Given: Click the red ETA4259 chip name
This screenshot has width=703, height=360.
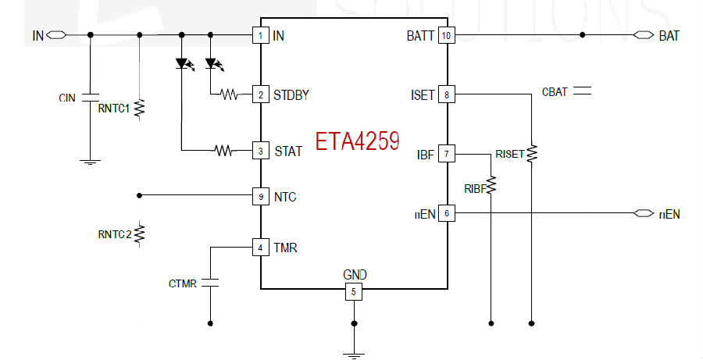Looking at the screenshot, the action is coord(357,141).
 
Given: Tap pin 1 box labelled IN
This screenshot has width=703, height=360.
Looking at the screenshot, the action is coord(260,35).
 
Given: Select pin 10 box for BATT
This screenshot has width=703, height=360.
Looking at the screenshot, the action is coord(446,35).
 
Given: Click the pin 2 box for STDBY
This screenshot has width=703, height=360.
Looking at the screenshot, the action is coord(260,94).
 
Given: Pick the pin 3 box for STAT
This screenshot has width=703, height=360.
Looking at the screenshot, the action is coord(260,151).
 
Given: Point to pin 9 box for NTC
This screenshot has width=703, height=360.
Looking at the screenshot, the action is coord(260,196).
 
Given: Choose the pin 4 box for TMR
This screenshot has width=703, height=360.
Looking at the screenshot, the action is coord(260,248).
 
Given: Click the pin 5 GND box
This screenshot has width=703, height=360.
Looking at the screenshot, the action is coord(353,292).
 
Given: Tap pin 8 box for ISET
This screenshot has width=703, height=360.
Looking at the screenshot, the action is coord(446,94).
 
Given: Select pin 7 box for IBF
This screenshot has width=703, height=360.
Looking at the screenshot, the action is coord(446,154).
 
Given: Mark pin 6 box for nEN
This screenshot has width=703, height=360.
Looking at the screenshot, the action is coord(446,213).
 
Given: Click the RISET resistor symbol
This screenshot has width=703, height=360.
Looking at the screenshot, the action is coord(532,153).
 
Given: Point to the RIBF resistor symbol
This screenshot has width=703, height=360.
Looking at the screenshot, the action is coord(491,185).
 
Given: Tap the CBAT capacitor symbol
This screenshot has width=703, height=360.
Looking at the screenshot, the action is coord(583,91).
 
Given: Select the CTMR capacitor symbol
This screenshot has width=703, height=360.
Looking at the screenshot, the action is coord(210,283).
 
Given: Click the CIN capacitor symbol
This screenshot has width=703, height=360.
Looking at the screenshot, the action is coord(90,98).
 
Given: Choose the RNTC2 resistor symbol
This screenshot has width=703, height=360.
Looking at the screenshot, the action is coord(140,233).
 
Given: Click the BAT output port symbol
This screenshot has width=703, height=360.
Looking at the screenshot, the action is coord(644,35).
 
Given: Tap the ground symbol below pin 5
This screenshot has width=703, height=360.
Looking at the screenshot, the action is coord(354,355).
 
